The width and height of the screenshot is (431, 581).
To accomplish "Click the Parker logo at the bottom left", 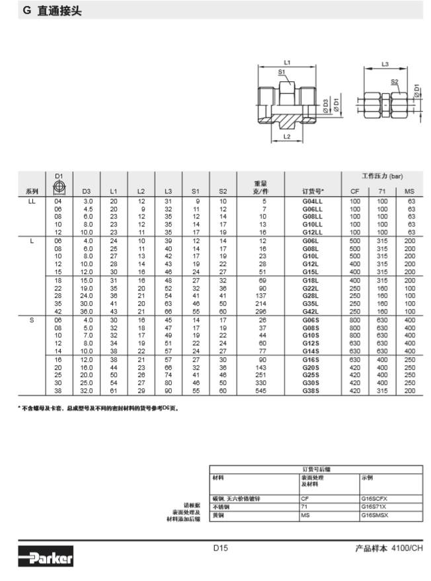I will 46,559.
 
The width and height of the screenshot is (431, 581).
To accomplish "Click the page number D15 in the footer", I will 220,547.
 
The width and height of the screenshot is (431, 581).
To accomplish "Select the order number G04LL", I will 312,200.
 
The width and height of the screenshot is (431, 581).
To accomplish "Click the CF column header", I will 354,191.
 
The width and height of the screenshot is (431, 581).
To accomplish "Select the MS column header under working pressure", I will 409,191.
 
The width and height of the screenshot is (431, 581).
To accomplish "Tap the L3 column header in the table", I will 168,191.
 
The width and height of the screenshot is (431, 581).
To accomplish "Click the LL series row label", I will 32,200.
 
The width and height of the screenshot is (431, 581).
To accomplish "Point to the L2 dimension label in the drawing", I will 288,136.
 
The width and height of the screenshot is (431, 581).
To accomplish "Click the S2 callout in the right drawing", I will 395,82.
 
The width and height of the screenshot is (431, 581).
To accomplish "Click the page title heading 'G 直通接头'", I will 52,11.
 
